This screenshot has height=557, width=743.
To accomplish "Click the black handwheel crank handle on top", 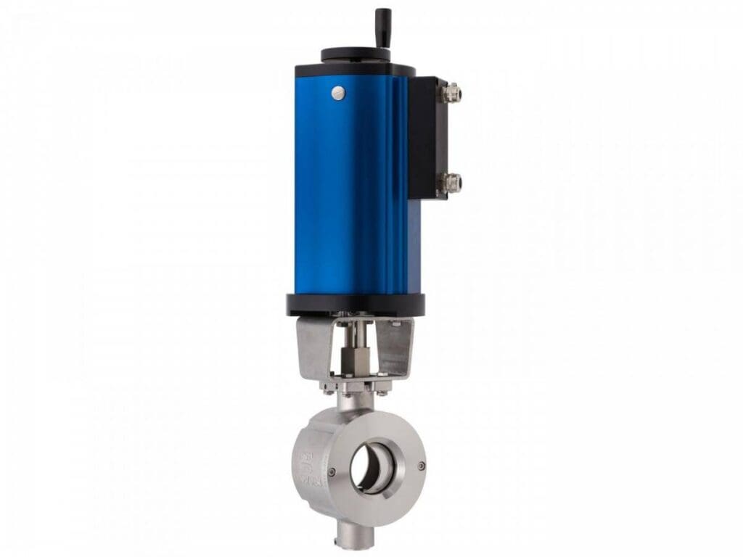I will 382,28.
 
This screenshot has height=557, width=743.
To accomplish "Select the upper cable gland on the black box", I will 453,91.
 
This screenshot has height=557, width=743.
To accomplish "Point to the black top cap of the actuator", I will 354,70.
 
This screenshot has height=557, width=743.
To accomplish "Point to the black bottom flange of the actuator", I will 356,305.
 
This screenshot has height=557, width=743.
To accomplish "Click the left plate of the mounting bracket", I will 313,348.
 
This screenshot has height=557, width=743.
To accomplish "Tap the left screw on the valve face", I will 332,472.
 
